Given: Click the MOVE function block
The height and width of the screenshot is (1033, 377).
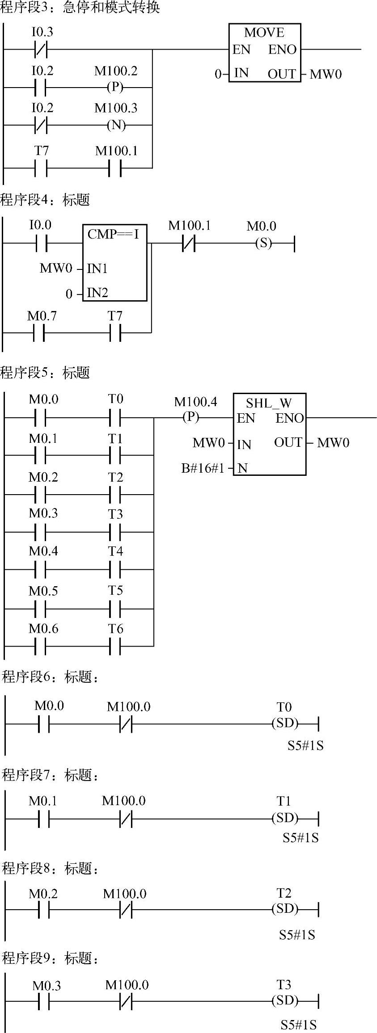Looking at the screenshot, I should pyautogui.click(x=264, y=53).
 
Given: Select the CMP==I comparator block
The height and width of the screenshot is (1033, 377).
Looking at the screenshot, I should pyautogui.click(x=114, y=263).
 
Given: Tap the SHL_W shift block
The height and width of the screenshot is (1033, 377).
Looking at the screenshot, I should pyautogui.click(x=269, y=434).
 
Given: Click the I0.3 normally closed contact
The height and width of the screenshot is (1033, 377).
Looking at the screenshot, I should pyautogui.click(x=41, y=49).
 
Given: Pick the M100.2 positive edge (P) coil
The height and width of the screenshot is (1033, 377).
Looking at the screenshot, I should pyautogui.click(x=115, y=87).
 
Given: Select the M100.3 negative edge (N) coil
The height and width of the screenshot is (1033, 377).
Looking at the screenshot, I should pyautogui.click(x=116, y=125).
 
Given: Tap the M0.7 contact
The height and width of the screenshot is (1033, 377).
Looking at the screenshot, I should pyautogui.click(x=39, y=332).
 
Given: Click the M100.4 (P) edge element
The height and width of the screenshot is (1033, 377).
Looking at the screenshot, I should pyautogui.click(x=191, y=417).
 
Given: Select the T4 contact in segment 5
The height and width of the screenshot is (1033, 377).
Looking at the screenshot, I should pyautogui.click(x=115, y=570).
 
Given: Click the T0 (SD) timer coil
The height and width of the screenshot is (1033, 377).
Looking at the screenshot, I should pyautogui.click(x=285, y=723).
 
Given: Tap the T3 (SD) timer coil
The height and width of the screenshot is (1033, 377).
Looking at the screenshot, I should pyautogui.click(x=285, y=1001).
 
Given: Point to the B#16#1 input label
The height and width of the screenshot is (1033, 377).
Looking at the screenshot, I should pyautogui.click(x=203, y=468).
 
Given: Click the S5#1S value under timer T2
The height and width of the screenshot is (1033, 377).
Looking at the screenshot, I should pyautogui.click(x=297, y=935).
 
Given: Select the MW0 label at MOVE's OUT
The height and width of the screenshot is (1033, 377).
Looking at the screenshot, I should pyautogui.click(x=326, y=74).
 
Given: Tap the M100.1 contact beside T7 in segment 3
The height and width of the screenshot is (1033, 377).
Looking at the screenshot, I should pyautogui.click(x=115, y=168).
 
